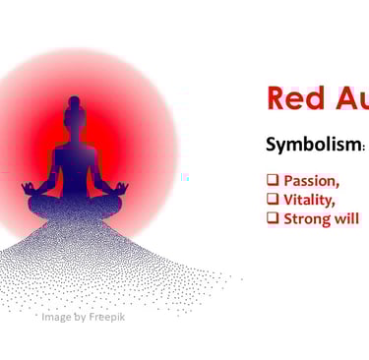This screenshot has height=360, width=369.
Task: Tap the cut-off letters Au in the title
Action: coord(351,98)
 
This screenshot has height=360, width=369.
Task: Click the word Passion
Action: coord(310,181)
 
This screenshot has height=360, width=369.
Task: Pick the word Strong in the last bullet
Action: coord(306,218)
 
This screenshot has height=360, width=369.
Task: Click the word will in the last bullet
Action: coord(345,218)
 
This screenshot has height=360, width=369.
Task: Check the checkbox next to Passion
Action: coord(273,181)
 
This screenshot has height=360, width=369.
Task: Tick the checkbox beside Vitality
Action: coord(273,200)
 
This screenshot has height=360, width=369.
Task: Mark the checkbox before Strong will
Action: coord(273,218)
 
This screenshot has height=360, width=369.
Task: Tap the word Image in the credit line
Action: coord(57,317)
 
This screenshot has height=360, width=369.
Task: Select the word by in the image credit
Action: coord(80,317)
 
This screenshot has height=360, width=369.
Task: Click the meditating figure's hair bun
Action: coord(75,100)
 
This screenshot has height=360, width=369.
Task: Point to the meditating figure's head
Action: coord(75,117)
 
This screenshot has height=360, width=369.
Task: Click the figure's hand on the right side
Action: coord(123,187)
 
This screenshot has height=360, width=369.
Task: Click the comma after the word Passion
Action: coord(338,185)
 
